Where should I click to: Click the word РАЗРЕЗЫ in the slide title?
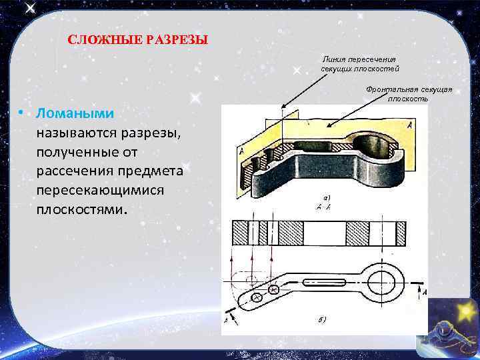[176, 39]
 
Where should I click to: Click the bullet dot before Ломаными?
[22, 113]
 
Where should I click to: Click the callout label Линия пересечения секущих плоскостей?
[359, 64]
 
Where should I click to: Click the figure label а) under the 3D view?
[327, 198]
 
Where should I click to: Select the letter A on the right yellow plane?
[408, 125]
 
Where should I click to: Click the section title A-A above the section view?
[326, 207]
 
